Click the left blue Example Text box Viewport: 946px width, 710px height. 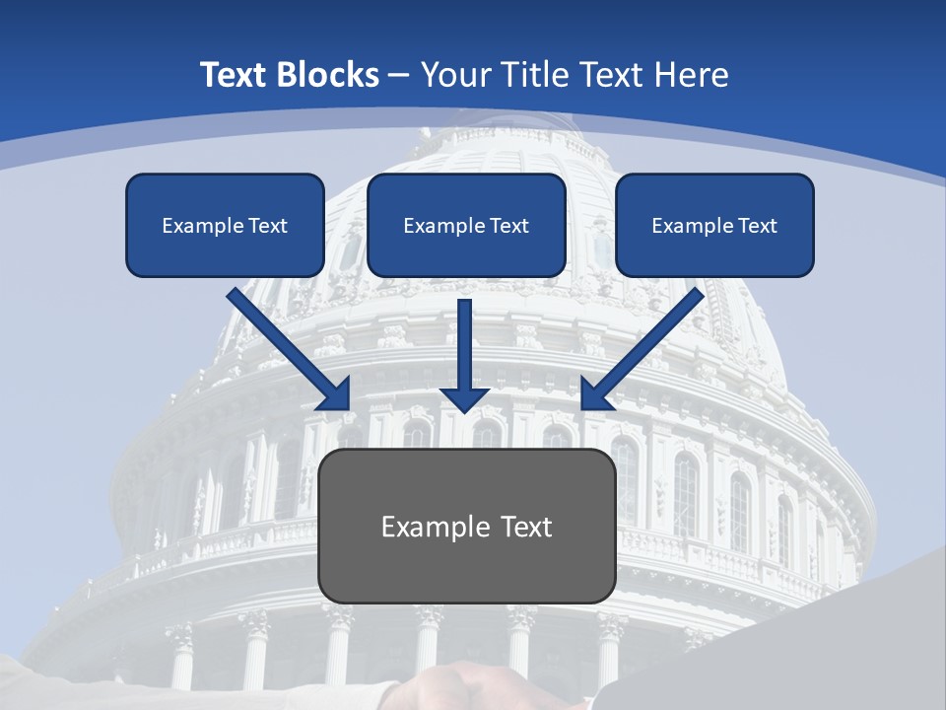point(225,225)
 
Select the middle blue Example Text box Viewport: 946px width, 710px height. point(466,225)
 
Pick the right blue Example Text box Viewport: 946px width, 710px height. point(714,225)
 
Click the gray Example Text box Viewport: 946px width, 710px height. point(466,526)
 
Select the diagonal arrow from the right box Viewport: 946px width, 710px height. point(645,345)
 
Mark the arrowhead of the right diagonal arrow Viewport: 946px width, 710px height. point(595,394)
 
